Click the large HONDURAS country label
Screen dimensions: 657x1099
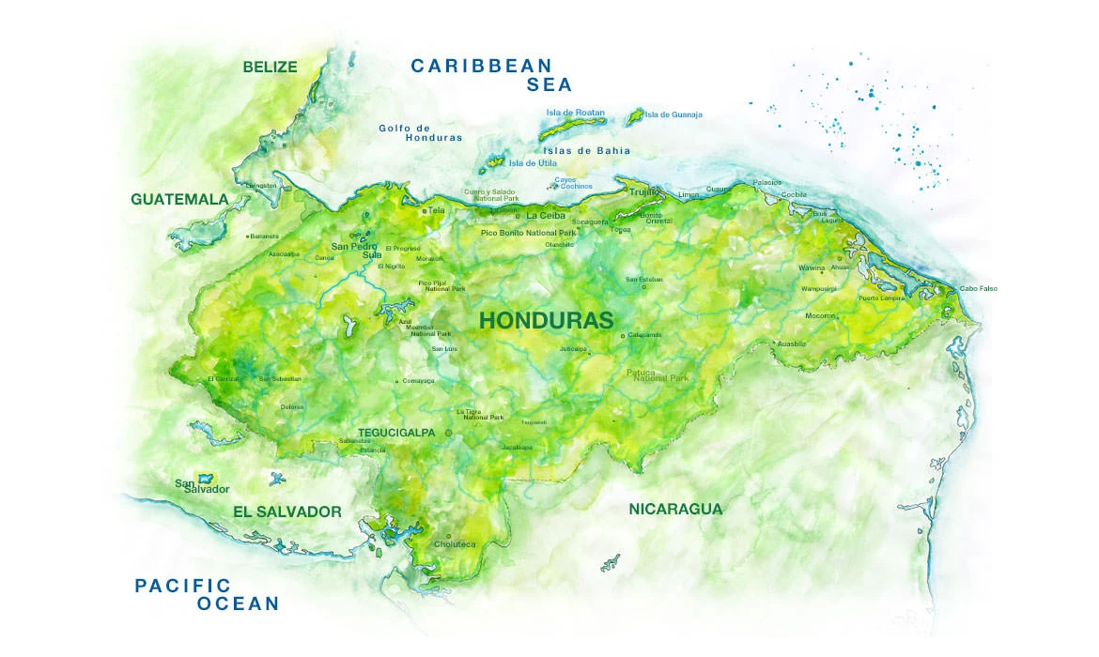point(546,320)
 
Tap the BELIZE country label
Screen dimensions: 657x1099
point(270,67)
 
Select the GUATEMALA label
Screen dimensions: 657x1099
point(179,199)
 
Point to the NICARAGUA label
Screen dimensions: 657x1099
point(675,509)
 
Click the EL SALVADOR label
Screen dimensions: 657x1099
point(286,512)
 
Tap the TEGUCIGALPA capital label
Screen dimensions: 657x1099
point(396,433)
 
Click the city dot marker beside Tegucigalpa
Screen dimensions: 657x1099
point(448,433)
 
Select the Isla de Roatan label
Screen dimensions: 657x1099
point(576,113)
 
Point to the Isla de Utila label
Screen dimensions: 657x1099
point(533,162)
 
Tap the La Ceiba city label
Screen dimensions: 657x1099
point(546,215)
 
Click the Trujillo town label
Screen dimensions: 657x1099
point(644,191)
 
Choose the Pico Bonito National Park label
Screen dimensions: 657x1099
point(528,232)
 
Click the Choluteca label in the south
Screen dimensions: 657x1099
point(455,544)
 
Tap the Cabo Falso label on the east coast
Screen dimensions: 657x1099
point(978,288)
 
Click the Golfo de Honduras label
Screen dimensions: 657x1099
point(421,132)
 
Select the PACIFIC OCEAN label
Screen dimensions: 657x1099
point(207,594)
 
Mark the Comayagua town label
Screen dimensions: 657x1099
point(418,381)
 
